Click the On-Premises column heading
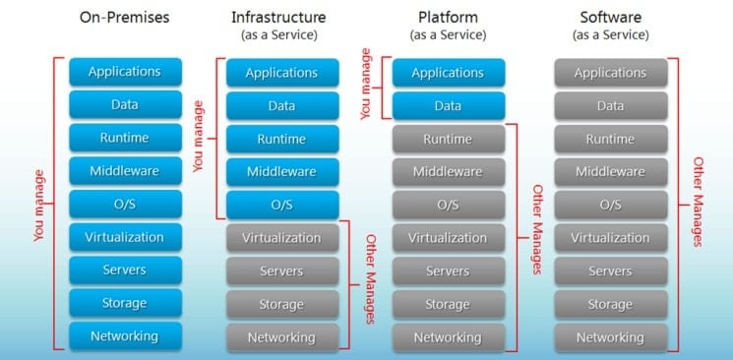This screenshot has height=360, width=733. [124, 18]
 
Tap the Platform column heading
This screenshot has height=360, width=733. [448, 18]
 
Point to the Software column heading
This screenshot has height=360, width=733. [610, 18]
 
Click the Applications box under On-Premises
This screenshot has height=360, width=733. [124, 72]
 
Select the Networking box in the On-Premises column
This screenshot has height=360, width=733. [124, 336]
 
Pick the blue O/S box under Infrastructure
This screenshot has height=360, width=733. [281, 205]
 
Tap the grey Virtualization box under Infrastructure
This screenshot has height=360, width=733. [281, 238]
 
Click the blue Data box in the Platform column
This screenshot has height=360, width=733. [448, 105]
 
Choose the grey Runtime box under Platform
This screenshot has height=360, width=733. [448, 139]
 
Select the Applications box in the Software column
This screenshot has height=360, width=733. [610, 73]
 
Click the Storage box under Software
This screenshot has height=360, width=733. [610, 304]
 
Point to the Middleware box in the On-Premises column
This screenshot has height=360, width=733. [124, 171]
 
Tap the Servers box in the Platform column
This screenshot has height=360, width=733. [448, 270]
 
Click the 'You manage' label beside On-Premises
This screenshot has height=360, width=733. [39, 205]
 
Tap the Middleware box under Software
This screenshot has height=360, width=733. [610, 172]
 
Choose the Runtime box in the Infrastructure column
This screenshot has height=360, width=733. [281, 139]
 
